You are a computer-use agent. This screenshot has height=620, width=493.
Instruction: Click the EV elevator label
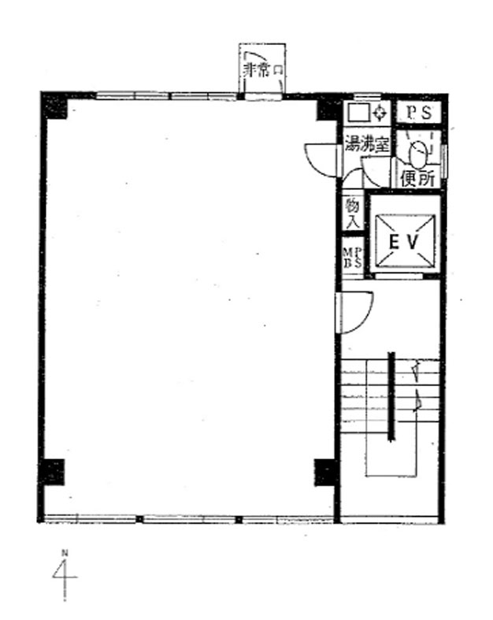pos(403,243)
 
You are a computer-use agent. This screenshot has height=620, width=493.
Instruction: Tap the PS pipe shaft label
pos(419,113)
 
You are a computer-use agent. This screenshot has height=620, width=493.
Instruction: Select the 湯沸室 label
pos(367,144)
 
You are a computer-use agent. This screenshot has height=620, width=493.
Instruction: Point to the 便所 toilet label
pos(417,179)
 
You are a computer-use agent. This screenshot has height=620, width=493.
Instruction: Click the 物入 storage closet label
pos(352,213)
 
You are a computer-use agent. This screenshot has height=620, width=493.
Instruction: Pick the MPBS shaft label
pos(352,258)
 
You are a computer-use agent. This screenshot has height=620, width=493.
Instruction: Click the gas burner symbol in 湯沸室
pos(380,113)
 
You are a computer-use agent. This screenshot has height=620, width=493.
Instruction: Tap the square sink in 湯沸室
pos(358,113)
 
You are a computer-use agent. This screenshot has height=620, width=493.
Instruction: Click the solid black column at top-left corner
pos(54,106)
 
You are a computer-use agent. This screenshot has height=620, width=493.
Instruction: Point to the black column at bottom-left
pos(53,472)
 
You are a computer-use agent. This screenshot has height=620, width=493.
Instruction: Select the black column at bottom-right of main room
pos(326,472)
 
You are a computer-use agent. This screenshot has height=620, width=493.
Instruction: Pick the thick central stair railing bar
pos(391,396)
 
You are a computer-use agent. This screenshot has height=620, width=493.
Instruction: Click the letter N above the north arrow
pos(65,552)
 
